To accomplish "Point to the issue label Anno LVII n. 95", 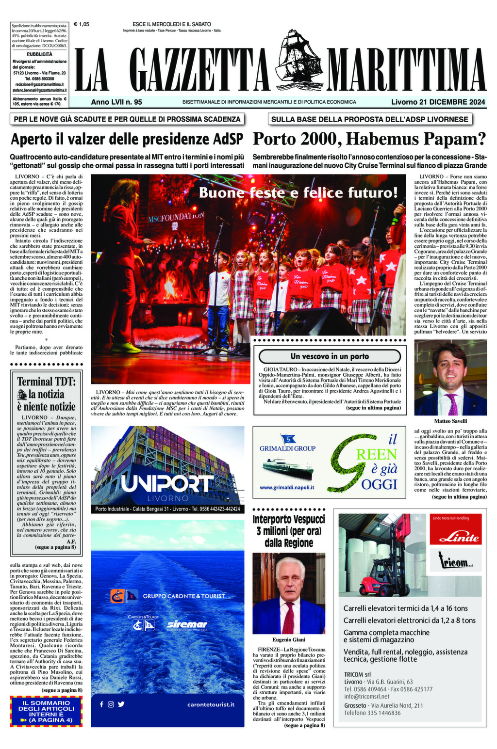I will coord(116,102).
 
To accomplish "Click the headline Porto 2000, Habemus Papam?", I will coord(369,139).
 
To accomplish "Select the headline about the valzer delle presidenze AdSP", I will coord(127,140).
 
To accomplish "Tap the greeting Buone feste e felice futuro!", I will coord(298,193).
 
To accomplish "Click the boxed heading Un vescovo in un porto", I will coord(330,356).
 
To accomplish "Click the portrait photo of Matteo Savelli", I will coord(450,378).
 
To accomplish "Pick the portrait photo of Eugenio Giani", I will coord(289,593).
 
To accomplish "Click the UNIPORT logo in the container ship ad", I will coord(167,484).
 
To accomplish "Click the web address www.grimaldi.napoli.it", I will coord(287,487).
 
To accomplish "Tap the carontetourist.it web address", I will coord(211,704).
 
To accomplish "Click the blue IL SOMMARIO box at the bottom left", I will coord(46,711).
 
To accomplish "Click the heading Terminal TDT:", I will coord(47,382).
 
